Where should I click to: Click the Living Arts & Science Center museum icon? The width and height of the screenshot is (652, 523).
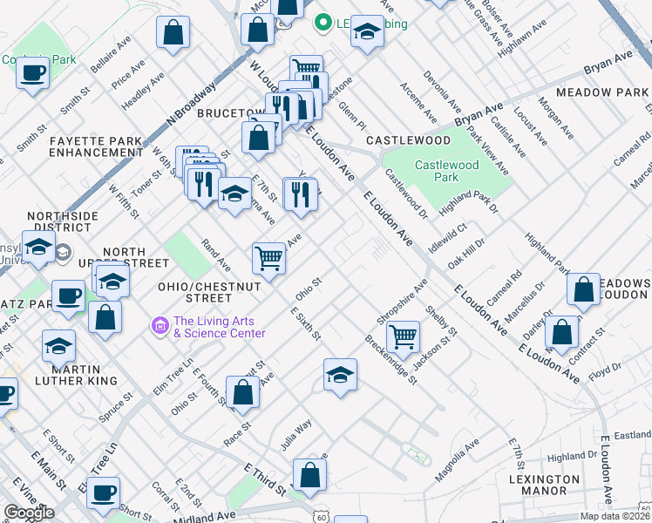[160, 326]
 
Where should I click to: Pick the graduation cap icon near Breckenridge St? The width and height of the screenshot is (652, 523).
[340, 375]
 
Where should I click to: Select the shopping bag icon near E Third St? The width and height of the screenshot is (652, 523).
[309, 475]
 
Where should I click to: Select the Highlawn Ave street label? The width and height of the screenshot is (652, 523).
[514, 39]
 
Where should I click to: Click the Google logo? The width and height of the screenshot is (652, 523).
[29, 513]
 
